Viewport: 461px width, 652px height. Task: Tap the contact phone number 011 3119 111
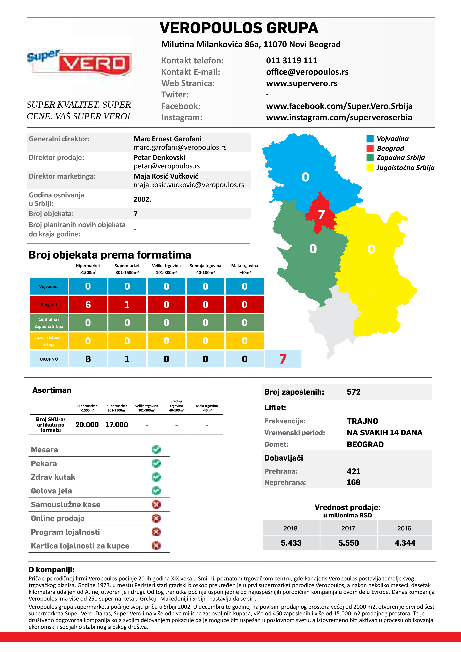coord(291,60)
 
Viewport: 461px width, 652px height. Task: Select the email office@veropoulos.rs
coord(307,72)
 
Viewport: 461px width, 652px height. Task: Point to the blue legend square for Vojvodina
coord(370,139)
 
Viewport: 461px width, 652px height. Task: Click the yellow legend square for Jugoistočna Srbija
coord(370,167)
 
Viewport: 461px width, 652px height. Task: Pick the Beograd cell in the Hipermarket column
coord(88,304)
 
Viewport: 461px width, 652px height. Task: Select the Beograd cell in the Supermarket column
coord(127,304)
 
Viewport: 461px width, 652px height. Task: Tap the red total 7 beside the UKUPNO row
coord(283,359)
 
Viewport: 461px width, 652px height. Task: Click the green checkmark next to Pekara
coord(156,463)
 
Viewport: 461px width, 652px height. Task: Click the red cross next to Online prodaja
coord(156,518)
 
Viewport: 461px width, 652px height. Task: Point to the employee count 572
coord(353,392)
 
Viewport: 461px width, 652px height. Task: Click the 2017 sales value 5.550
coord(349,543)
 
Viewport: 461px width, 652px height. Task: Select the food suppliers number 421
coord(353,471)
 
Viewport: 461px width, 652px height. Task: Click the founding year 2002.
coord(142,199)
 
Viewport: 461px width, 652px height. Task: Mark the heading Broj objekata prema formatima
coord(110,255)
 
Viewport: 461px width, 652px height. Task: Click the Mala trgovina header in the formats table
coord(245,269)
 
